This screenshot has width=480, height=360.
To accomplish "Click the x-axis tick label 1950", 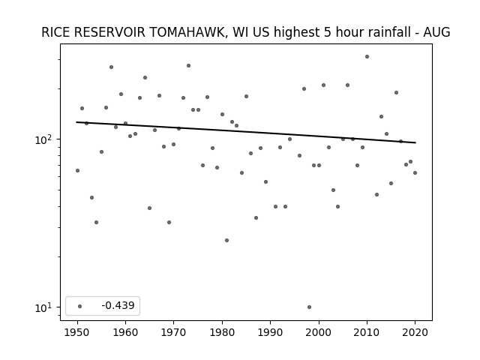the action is point(77,333).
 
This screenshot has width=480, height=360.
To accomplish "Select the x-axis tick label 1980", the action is point(222,333).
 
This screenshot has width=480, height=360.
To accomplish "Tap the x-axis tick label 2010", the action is point(367,333).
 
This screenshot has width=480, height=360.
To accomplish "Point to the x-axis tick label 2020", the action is point(415,333).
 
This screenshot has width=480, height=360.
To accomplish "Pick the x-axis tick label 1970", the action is point(174,333).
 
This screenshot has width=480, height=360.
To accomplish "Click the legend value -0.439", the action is point(118,305).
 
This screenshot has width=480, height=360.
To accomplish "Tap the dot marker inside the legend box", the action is point(80,306).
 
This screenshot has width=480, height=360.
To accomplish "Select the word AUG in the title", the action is point(436,32).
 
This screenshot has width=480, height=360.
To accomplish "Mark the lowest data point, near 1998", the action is point(309,307).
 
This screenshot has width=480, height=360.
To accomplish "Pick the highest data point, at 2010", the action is point(367,57).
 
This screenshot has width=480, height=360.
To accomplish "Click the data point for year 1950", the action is point(77,170).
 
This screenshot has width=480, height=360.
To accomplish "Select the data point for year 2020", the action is point(415,173).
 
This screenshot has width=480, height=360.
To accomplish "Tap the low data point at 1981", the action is point(226,240).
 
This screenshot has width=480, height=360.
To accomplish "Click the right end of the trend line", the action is point(415,142).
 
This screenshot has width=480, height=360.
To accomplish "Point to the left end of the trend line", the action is point(76,122).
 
